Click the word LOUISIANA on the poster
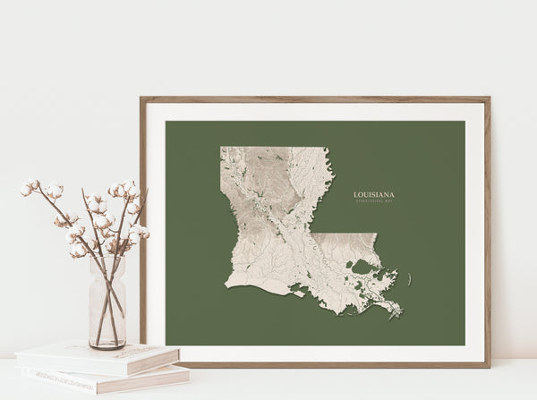coord(374,193)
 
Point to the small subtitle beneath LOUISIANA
coord(374,201)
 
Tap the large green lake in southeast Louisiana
coord(365,268)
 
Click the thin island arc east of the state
coord(410,280)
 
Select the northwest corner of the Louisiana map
coord(222,149)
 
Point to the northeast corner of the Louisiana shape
coord(332,149)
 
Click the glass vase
coord(107,304)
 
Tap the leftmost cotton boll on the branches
coord(26,190)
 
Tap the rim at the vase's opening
coord(107,260)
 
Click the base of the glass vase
coord(107,345)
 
